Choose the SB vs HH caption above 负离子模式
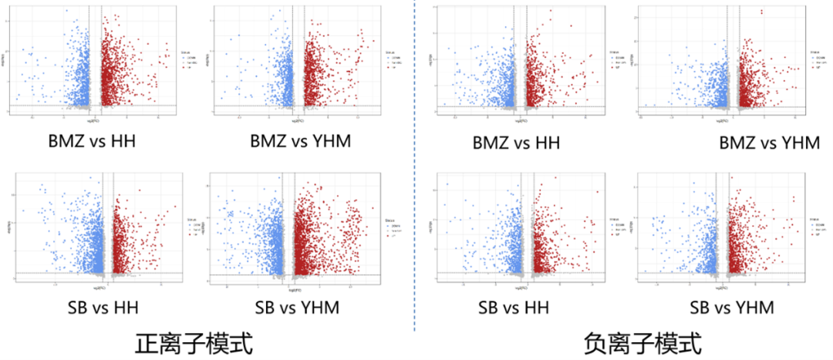[x=514, y=308]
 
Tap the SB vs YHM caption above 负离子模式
[x=732, y=308]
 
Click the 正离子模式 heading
[x=194, y=342]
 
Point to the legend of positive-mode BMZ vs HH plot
[x=189, y=61]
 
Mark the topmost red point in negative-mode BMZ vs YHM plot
[x=761, y=11]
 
